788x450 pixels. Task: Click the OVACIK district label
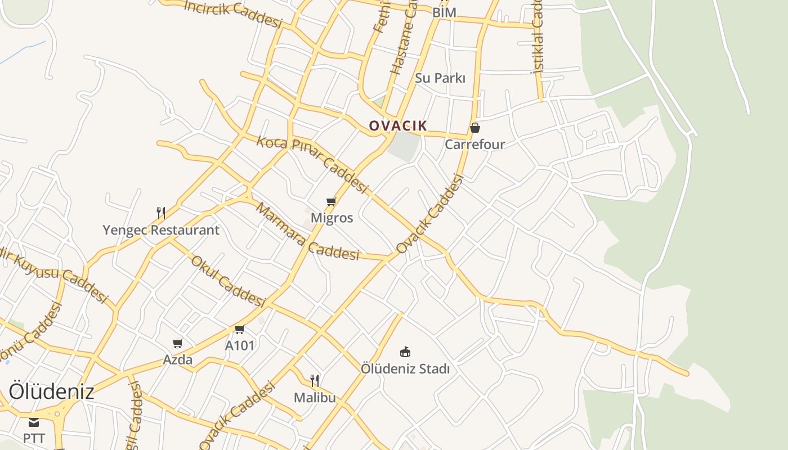[x=398, y=125]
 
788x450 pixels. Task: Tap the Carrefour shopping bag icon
[x=475, y=128]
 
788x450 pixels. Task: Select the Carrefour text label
[x=475, y=145]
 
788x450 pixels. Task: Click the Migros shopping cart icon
[x=332, y=201]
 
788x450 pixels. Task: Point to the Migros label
[x=332, y=218]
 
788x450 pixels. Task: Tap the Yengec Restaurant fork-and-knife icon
[x=161, y=213]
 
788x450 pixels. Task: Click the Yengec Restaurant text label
[x=161, y=230]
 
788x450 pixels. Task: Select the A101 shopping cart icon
[x=240, y=329]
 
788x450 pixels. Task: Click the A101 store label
[x=240, y=345]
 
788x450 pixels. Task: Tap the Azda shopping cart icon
[x=178, y=343]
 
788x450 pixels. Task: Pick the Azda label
[x=178, y=359]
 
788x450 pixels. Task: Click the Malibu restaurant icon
[x=315, y=381]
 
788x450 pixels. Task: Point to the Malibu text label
[x=315, y=398]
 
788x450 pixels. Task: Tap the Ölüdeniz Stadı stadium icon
[x=405, y=352]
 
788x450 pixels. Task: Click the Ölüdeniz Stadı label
[x=405, y=369]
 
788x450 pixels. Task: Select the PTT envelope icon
[x=34, y=422]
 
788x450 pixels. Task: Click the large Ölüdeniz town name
[x=51, y=391]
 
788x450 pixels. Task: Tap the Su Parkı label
[x=440, y=78]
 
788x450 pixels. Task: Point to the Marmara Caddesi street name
[x=307, y=232]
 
